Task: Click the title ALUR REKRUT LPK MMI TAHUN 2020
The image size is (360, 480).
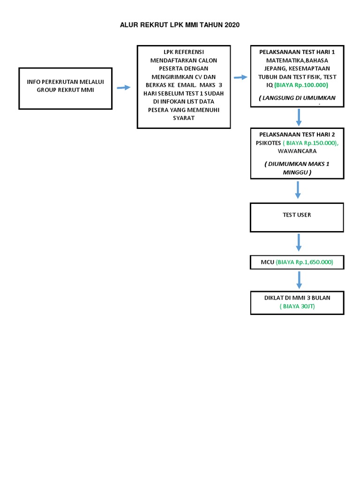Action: [180, 25]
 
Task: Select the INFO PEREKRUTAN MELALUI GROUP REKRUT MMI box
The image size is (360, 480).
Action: [65, 88]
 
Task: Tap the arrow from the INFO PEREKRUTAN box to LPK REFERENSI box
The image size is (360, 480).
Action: [124, 88]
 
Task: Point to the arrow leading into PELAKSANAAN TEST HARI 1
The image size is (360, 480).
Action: [240, 77]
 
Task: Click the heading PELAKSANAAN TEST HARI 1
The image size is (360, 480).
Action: [297, 52]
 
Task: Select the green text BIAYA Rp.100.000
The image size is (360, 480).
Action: [301, 85]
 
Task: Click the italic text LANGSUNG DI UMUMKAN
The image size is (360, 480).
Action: [297, 97]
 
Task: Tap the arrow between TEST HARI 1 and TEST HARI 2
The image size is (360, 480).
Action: [299, 117]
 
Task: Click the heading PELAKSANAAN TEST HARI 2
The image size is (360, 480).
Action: [297, 135]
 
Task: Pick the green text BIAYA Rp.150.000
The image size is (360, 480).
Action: [311, 143]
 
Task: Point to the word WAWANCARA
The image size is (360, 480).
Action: [297, 151]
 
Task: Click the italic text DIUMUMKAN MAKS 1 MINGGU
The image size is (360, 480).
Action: [297, 168]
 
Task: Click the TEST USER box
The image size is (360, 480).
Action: [297, 217]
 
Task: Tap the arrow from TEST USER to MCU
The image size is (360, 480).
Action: [299, 242]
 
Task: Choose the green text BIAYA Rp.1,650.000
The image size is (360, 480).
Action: [304, 262]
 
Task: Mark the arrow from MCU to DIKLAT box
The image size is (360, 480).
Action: [299, 279]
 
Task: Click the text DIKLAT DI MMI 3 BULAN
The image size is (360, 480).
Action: [297, 298]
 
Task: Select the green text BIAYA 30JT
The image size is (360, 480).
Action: [297, 307]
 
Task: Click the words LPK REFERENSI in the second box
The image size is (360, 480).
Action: [184, 52]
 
